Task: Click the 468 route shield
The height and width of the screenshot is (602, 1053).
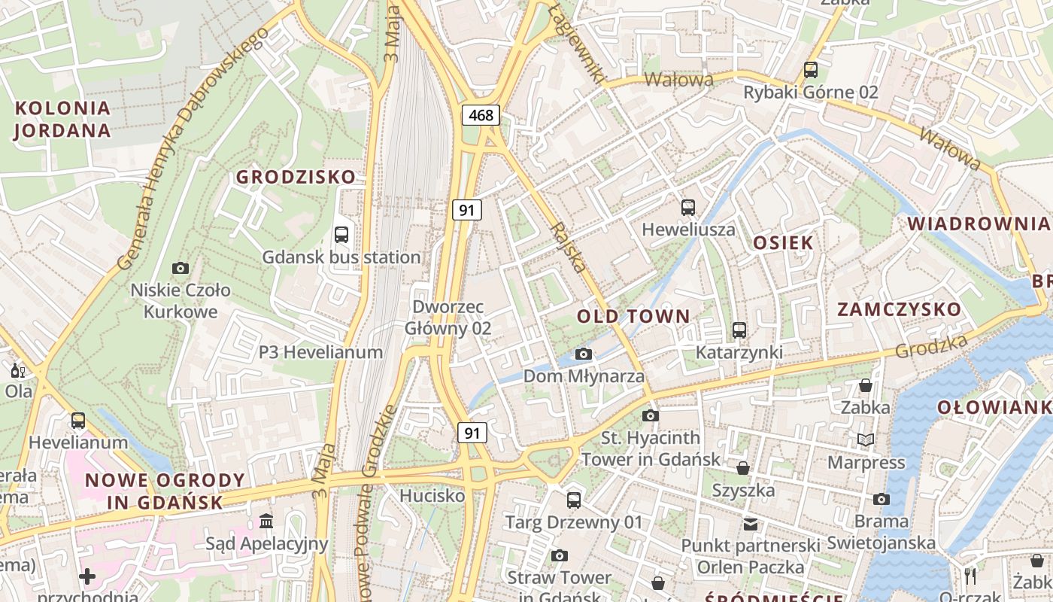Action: click(x=481, y=115)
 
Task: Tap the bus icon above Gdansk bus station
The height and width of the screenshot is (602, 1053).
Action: click(x=341, y=234)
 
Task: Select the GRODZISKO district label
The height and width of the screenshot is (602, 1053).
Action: click(x=296, y=177)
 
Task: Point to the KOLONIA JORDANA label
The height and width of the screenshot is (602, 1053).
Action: click(x=62, y=119)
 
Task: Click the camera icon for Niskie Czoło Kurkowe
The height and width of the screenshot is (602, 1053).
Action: click(x=181, y=268)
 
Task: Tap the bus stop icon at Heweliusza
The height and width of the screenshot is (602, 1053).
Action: click(x=687, y=208)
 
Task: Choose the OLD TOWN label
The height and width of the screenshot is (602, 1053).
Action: click(x=633, y=316)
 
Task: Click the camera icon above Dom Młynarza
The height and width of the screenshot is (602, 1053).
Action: click(x=583, y=354)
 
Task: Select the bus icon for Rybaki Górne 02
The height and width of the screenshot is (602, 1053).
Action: click(x=810, y=70)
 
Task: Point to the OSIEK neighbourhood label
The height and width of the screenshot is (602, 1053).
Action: click(x=783, y=242)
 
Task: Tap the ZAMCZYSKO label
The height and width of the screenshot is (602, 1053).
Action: click(x=899, y=309)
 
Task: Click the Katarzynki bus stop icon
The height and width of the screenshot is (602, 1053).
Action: click(x=739, y=330)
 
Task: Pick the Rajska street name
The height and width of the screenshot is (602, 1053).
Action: click(x=568, y=246)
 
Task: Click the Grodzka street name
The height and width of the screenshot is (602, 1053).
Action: click(x=931, y=346)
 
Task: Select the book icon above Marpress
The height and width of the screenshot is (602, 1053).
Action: click(x=866, y=439)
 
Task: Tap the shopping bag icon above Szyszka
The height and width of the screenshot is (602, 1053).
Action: click(x=743, y=468)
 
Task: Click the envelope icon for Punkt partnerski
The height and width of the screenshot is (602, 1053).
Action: click(x=751, y=524)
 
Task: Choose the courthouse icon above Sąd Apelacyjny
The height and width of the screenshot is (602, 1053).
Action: click(x=266, y=521)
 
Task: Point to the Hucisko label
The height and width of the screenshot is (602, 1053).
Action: click(x=432, y=496)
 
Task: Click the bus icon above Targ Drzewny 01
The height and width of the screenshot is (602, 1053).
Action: click(x=574, y=500)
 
